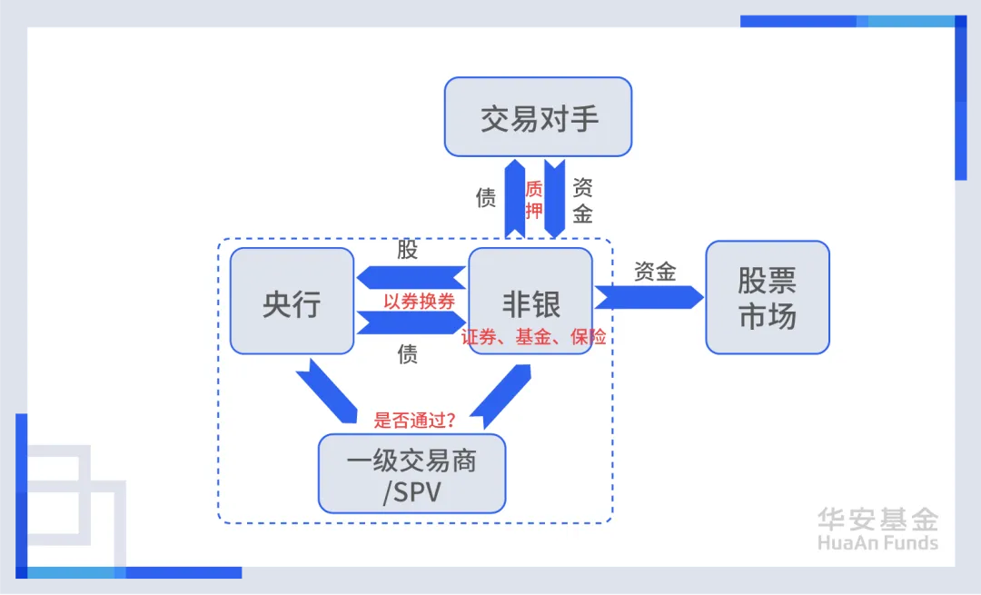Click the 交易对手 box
point(538,117)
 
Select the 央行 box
point(292,302)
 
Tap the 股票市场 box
point(768,297)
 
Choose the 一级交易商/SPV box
point(411,474)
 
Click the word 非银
point(531,302)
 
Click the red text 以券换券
point(419,302)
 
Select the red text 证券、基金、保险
point(533,337)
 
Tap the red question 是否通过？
point(414,421)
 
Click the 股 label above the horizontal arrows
point(408,250)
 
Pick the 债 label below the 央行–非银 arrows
point(408,354)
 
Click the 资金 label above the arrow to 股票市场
point(655,271)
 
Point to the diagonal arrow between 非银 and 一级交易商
point(501,395)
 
